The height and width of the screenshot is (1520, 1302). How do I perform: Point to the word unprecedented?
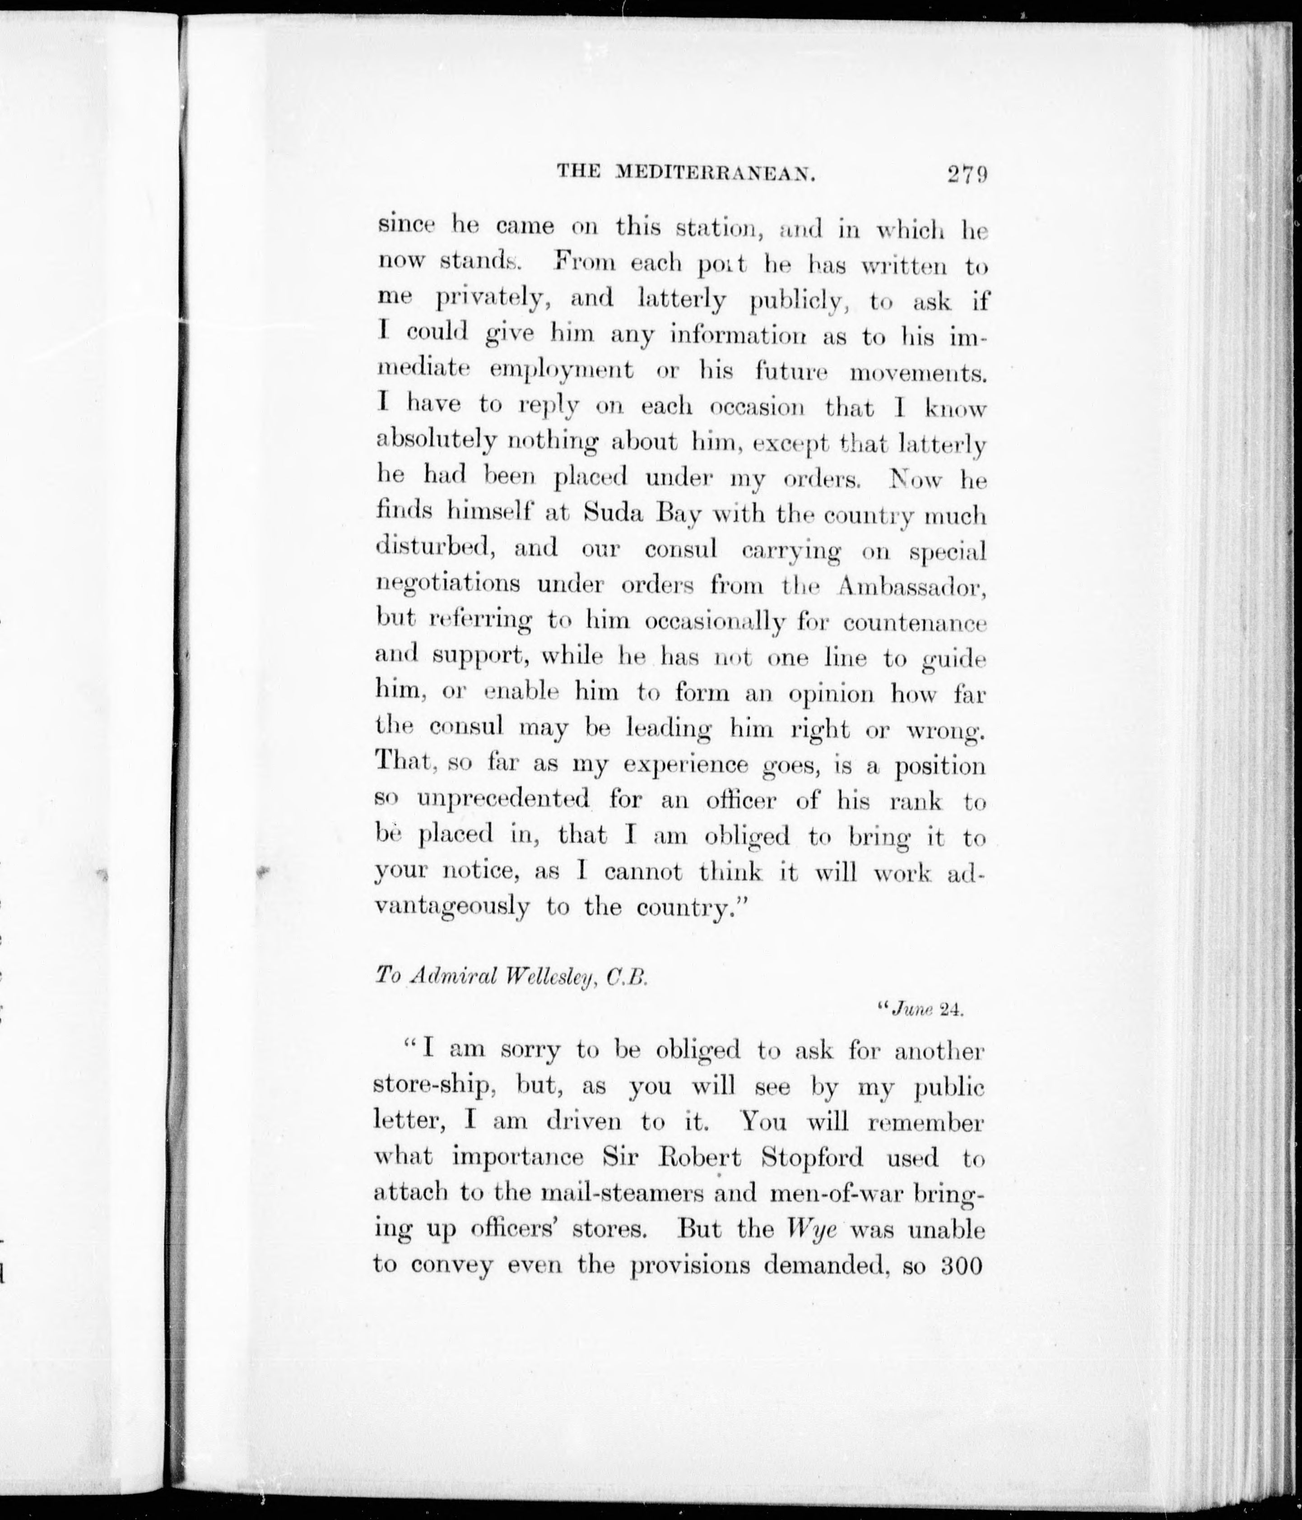(503, 799)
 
